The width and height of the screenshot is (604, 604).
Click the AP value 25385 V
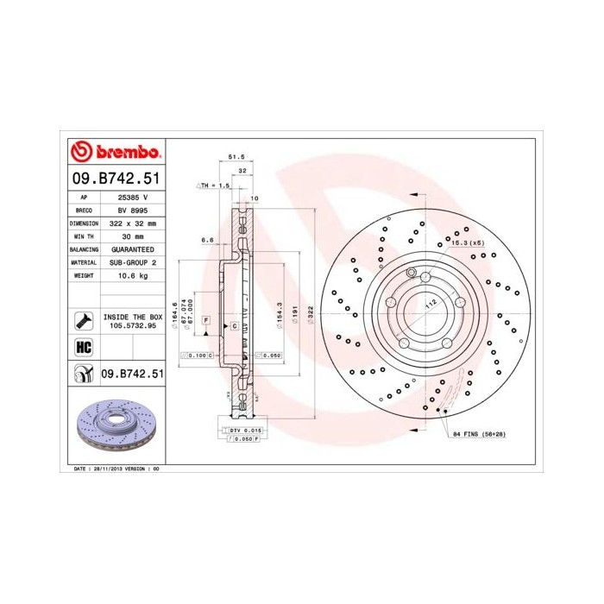pyautogui.click(x=132, y=197)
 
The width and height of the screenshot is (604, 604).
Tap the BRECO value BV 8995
pyautogui.click(x=132, y=210)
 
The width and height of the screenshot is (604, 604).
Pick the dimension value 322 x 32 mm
pyautogui.click(x=132, y=223)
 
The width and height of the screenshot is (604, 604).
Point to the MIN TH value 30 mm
pyautogui.click(x=132, y=236)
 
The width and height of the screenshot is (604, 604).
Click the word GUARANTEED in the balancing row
pyautogui.click(x=132, y=249)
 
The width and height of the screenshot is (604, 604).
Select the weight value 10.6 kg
pyautogui.click(x=132, y=274)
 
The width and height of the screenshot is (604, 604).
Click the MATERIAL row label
pyautogui.click(x=84, y=261)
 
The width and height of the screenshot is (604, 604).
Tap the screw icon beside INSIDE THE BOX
pyautogui.click(x=84, y=321)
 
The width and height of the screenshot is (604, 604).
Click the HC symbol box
pyautogui.click(x=84, y=348)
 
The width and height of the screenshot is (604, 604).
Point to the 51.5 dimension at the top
pyautogui.click(x=231, y=156)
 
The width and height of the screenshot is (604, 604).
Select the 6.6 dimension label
pyautogui.click(x=207, y=240)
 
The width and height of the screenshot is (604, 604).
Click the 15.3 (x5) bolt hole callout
pyautogui.click(x=469, y=243)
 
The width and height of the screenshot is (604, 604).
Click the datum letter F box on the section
pyautogui.click(x=206, y=320)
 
